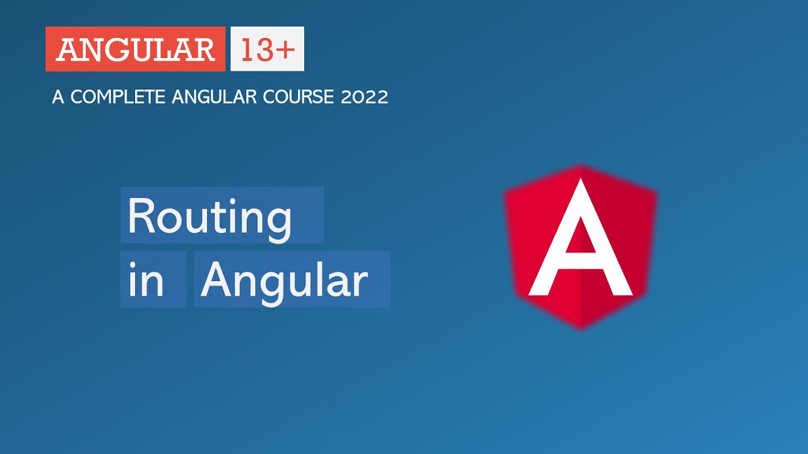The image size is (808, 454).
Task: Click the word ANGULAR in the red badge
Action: point(135,50)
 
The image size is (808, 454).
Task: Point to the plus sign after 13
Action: point(285,50)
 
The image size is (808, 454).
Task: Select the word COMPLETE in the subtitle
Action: point(117,97)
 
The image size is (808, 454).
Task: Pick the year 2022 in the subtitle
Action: point(364,97)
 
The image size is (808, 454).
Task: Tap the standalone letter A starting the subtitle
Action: point(58,97)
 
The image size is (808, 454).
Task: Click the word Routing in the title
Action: point(210,216)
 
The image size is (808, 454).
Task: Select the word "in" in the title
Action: point(146,281)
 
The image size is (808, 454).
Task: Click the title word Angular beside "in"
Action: point(284,281)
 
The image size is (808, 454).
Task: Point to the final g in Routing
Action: point(278,222)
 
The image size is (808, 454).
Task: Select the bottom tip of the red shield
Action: point(581,327)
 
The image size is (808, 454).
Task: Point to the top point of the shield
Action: point(581,167)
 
